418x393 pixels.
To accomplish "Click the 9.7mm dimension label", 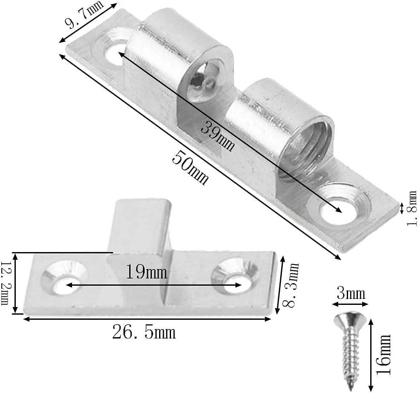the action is tap(84, 14).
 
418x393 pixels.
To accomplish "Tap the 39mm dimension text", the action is tap(218, 137).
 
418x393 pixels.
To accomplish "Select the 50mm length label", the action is tap(190, 167).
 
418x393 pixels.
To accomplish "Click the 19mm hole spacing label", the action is tap(146, 272).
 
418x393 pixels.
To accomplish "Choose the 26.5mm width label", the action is tap(144, 332).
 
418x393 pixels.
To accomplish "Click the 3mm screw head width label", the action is tap(351, 294).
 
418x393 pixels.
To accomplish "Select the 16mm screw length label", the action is tap(383, 355).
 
